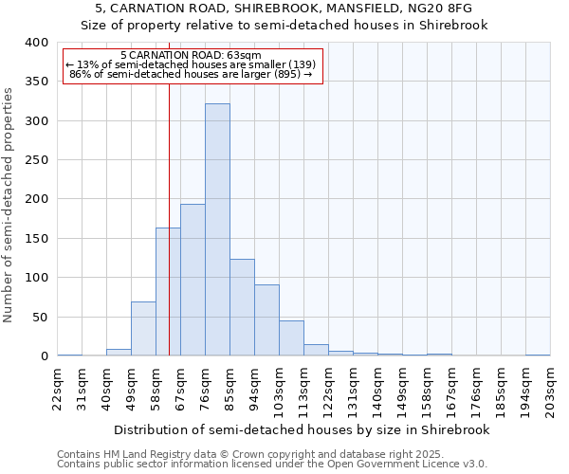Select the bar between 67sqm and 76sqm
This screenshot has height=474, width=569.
[193, 281]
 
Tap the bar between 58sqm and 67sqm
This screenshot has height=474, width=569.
[168, 292]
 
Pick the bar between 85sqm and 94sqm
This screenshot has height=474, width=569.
[242, 308]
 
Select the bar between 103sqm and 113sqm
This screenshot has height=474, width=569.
[291, 338]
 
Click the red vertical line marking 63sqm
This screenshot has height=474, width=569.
[169, 190]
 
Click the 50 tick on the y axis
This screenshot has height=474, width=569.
[40, 317]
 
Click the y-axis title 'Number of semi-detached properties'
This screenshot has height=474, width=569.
[9, 204]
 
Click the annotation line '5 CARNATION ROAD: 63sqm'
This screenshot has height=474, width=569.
[192, 55]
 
